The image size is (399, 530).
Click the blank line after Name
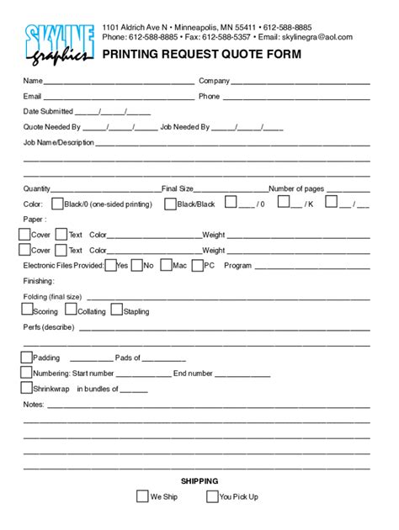[119, 82]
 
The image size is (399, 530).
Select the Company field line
[301, 82]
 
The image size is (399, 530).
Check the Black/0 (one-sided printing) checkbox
[57, 204]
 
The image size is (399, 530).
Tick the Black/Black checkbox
[170, 204]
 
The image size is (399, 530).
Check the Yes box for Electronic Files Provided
[110, 265]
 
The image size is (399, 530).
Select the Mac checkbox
[166, 265]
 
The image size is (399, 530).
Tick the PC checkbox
[198, 265]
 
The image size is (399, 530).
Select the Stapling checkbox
[117, 310]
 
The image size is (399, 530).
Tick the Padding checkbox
[26, 358]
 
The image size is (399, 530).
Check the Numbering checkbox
[26, 373]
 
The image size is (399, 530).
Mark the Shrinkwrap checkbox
[26, 388]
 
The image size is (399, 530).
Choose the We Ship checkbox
[142, 496]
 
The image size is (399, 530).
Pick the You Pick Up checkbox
[211, 496]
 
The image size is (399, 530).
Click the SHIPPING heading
[199, 480]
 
